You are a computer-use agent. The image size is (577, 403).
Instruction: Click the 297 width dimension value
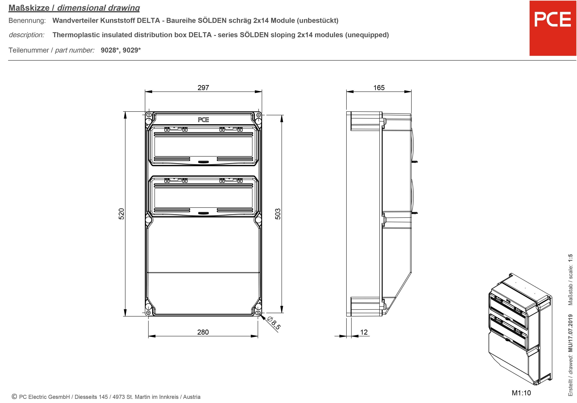(x=203, y=88)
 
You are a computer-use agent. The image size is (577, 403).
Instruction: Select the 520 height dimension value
(x=121, y=214)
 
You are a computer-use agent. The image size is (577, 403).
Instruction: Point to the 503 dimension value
(x=278, y=214)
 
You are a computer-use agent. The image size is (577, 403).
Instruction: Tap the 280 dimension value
(x=203, y=332)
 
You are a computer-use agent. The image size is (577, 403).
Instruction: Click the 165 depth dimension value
(x=379, y=88)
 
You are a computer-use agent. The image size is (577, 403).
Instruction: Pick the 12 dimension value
(x=364, y=332)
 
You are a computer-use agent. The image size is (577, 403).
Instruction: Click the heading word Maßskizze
(x=29, y=8)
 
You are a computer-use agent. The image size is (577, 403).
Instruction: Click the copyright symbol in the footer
(x=14, y=397)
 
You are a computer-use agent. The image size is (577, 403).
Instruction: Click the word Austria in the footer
(x=192, y=397)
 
